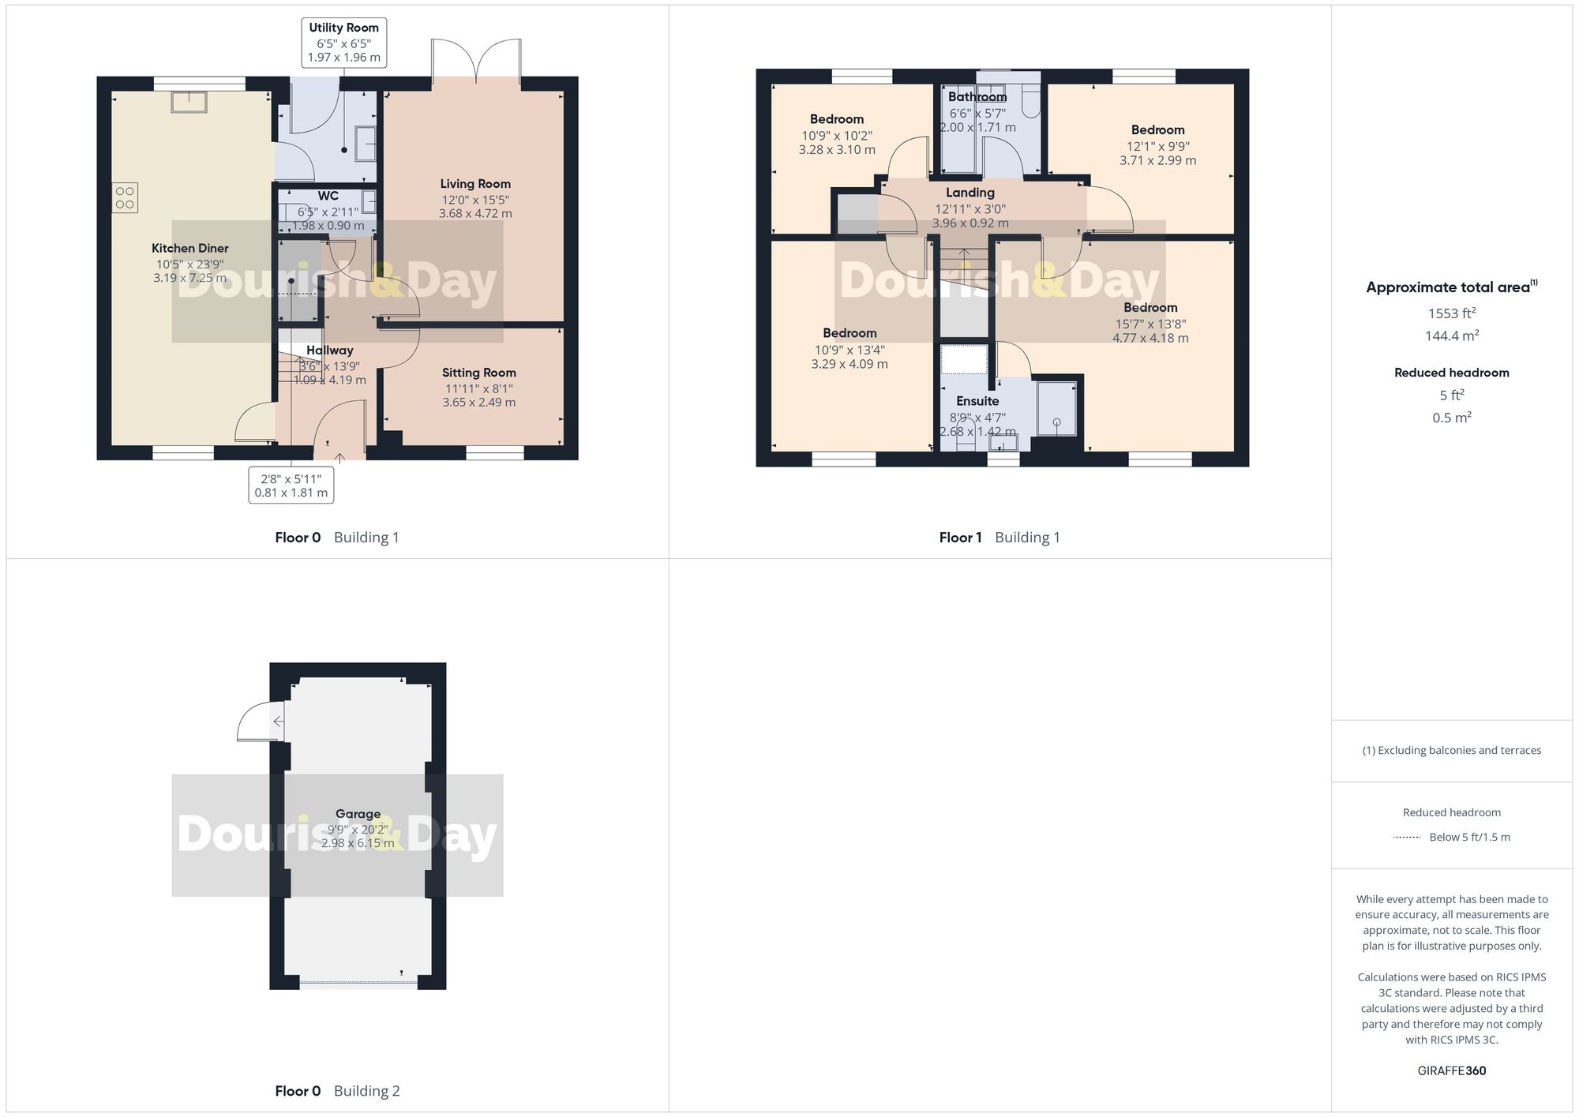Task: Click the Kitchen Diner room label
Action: click(x=189, y=249)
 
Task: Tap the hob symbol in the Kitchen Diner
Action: click(x=125, y=198)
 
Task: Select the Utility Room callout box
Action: click(x=344, y=43)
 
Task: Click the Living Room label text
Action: click(x=475, y=184)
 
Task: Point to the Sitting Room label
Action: click(x=478, y=373)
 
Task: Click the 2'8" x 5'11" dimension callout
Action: click(x=291, y=485)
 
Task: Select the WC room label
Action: click(x=328, y=196)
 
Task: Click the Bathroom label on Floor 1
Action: click(x=977, y=97)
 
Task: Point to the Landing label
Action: click(x=970, y=193)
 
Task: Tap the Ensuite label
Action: click(x=977, y=401)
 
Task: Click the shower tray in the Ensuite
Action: click(x=1056, y=408)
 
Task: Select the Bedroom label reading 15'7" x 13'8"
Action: click(x=1150, y=308)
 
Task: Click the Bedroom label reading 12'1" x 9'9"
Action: click(x=1157, y=130)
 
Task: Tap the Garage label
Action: click(x=358, y=814)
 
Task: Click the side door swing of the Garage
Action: click(x=259, y=722)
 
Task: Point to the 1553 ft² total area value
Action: click(x=1451, y=313)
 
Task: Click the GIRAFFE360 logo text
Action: click(x=1451, y=1071)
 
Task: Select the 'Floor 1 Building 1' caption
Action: click(x=1000, y=538)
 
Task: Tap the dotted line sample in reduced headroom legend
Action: click(x=1407, y=838)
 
